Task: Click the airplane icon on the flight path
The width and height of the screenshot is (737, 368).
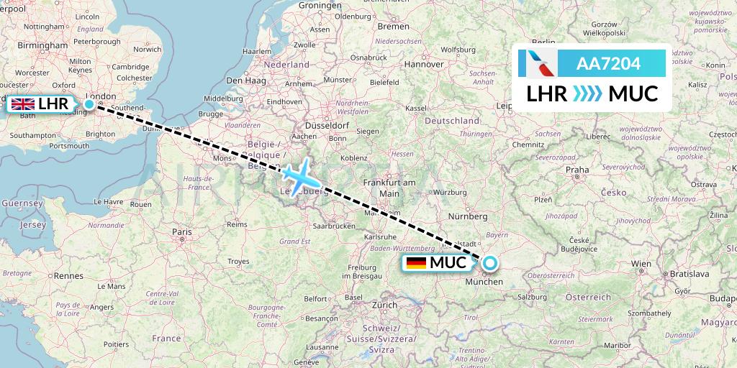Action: tap(297, 174)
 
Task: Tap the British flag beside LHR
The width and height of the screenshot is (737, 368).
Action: tap(23, 105)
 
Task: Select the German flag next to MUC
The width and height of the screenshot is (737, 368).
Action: tap(415, 263)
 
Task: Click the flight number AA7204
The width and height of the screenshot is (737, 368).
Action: tap(608, 64)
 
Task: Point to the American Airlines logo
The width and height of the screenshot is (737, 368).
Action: tap(537, 63)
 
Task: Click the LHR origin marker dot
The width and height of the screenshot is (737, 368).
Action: tap(89, 104)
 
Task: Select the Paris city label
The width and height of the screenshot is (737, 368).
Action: tap(182, 232)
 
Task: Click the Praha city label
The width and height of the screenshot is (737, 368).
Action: tap(577, 170)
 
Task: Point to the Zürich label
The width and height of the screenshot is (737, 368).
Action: tap(385, 305)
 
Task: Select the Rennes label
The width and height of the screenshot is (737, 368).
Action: tap(68, 275)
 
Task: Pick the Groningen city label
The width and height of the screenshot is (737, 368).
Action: tap(319, 5)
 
